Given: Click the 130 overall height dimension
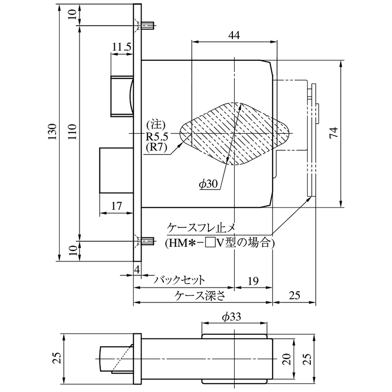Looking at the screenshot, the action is pos(53,131).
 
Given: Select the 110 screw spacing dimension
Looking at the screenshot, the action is pos(72,132).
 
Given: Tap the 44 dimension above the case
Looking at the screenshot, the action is pos(234,36).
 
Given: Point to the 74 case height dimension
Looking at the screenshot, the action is pos(334,132).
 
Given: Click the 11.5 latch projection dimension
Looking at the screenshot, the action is pos(121,47).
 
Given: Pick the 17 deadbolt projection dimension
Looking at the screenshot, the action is pos(117,206).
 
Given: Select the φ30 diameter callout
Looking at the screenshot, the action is pos(209,184).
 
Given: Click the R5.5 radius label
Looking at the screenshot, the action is pos(157,137).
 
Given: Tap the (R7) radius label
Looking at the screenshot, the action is pos(156,148).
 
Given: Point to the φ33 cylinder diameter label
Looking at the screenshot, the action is pos(232,317).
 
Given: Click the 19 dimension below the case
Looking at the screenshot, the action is pos(253,281).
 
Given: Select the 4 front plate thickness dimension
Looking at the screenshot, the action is pos(137,269).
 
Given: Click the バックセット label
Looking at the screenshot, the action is pos(179,280).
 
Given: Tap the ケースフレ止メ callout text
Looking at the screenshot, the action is pos(201,228).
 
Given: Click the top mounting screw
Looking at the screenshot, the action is pos(148,25).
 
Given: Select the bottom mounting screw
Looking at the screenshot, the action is pos(148,241).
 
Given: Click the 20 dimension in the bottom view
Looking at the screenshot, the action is pos(287,359).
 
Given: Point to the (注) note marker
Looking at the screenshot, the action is pos(156,125).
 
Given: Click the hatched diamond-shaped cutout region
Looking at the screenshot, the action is pos(235,134).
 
